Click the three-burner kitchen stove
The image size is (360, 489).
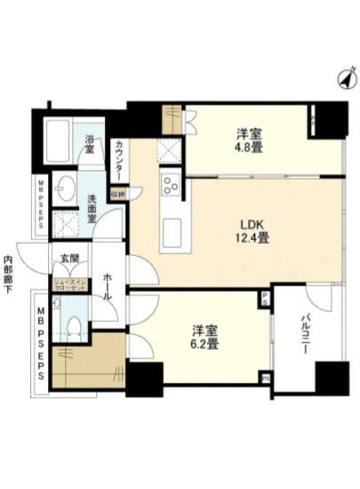point(170,187)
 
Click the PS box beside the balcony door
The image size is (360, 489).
point(265,301)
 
